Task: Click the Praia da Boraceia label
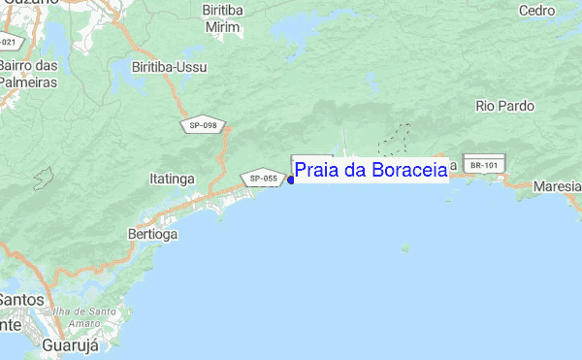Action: pos(371,171)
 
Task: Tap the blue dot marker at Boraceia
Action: pos(291,180)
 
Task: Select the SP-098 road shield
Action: pos(204,125)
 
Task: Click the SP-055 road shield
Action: pos(263,179)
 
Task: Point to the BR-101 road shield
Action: pos(483,166)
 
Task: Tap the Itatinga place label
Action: pos(174,180)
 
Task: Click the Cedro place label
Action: pos(537,10)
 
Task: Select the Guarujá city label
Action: pos(73,344)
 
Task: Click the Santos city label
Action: pos(21,300)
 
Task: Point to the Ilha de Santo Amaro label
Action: pos(85,317)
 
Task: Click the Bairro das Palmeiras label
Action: pos(27,74)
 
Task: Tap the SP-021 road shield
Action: pos(8,43)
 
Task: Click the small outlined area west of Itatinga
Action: pos(44,179)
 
